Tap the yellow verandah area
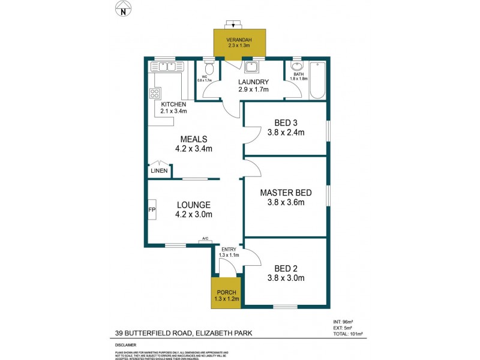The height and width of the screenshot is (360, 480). tap(239, 45)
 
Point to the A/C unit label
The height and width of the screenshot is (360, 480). tap(205, 239)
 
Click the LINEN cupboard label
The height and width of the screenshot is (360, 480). tap(159, 171)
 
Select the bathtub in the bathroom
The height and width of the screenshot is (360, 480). tap(317, 81)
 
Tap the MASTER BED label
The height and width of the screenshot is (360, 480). tap(286, 193)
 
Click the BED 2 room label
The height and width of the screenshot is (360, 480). tap(286, 268)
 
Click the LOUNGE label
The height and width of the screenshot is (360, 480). tap(193, 205)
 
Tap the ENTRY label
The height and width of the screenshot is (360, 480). tap(229, 249)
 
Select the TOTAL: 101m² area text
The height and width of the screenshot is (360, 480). tap(348, 333)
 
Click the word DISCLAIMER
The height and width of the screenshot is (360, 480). tap(126, 346)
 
